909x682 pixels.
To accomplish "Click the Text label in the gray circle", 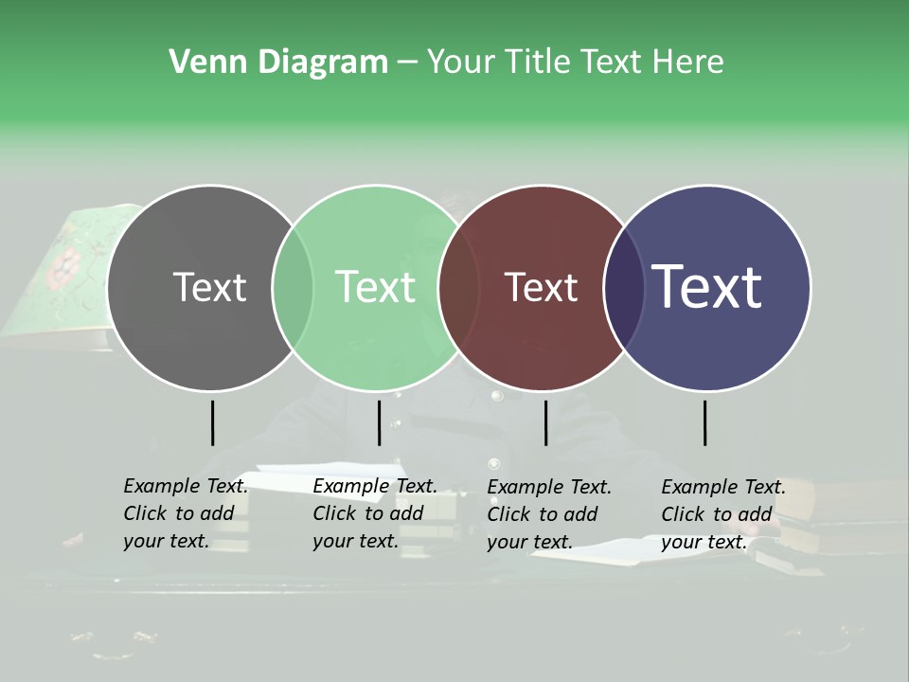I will pos(209,287).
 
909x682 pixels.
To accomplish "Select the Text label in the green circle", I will pos(375,287).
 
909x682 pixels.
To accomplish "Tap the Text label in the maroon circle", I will pos(541,287).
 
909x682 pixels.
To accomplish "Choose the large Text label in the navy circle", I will pos(706,287).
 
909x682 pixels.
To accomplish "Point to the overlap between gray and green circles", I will pos(293,288).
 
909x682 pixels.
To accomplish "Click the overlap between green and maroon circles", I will pos(458,288).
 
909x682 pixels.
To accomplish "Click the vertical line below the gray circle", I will pos(212,422).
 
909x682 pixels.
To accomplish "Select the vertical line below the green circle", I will pos(379,422).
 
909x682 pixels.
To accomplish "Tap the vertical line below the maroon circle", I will pos(545,422).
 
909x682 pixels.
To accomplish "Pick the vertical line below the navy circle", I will pos(704,422).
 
